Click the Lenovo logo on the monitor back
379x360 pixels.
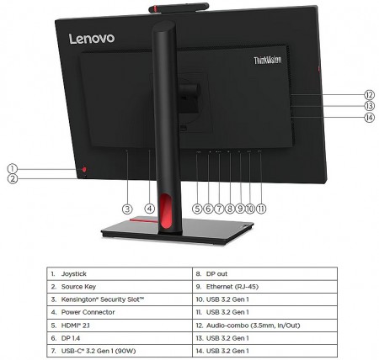[92, 39]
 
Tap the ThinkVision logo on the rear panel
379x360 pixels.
[268, 60]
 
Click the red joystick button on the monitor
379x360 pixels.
[84, 169]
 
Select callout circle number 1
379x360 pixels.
[12, 169]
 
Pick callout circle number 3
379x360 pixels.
[127, 209]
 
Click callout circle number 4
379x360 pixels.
[150, 209]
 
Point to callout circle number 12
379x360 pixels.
[370, 95]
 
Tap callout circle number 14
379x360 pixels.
[370, 117]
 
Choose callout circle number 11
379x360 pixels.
[261, 209]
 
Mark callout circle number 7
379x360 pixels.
[219, 209]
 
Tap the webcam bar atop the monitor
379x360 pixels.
[179, 8]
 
